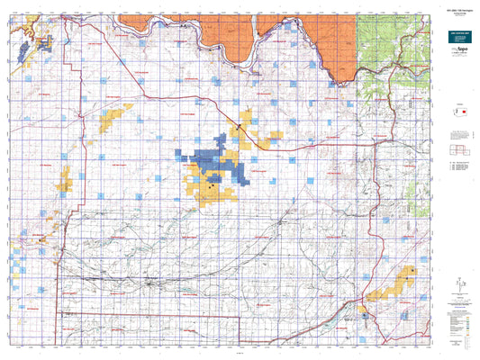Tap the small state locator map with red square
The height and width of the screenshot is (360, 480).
[457, 112]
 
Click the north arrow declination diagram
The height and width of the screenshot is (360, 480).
[457, 284]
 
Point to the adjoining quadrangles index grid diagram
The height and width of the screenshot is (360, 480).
[457, 149]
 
